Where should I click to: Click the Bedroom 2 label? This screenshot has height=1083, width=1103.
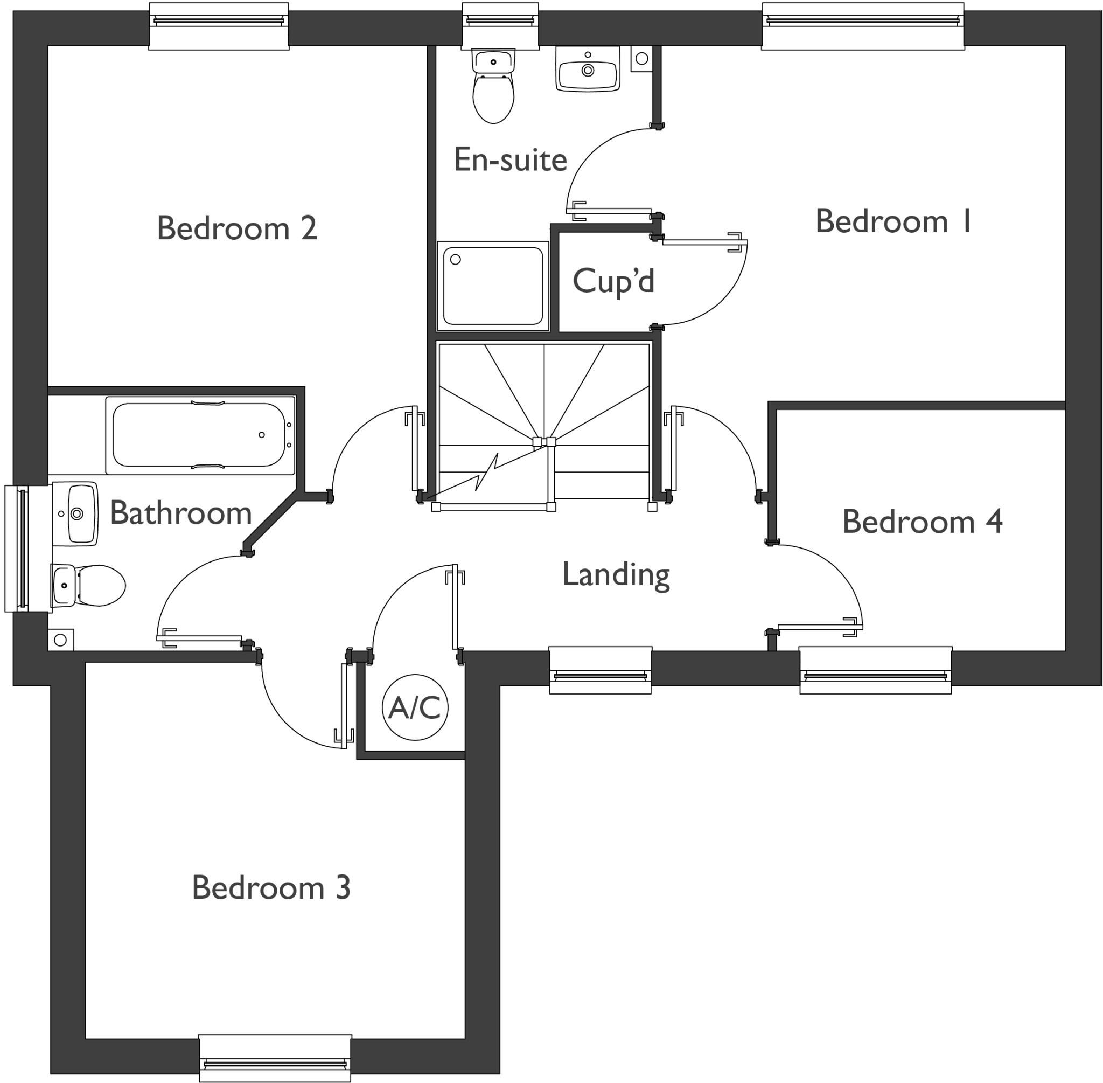(x=236, y=228)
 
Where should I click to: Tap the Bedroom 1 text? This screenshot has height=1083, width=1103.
(x=893, y=221)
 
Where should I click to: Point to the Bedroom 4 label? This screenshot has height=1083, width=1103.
(x=922, y=522)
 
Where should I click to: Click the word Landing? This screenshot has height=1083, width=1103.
(x=616, y=574)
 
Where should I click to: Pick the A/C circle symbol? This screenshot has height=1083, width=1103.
(x=415, y=707)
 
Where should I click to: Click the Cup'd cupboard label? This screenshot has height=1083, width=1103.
(x=613, y=281)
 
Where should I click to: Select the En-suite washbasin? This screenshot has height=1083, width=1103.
(x=588, y=70)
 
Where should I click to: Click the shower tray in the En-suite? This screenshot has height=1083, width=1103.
(x=492, y=286)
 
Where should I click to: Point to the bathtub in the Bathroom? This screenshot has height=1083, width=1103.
(x=199, y=435)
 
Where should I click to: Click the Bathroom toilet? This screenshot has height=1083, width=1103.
(x=88, y=585)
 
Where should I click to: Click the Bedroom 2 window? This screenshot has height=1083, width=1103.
(x=219, y=26)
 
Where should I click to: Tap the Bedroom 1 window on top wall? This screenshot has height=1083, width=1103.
(x=862, y=26)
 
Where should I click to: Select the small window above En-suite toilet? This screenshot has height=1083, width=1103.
(x=500, y=26)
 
